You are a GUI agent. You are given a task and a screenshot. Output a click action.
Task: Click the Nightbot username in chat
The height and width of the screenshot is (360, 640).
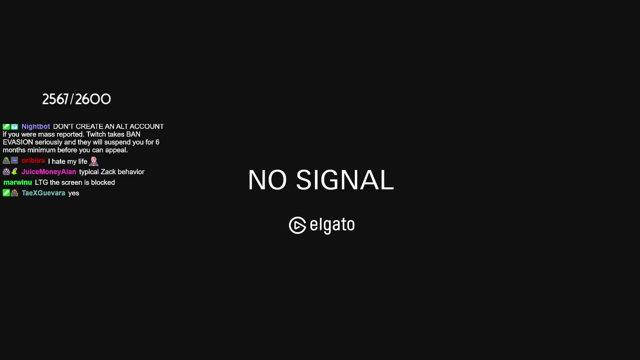click(x=35, y=126)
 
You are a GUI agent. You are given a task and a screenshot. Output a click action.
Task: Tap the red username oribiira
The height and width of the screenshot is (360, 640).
click(x=33, y=161)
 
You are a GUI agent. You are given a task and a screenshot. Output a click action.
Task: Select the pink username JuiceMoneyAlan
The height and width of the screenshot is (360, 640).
click(x=49, y=171)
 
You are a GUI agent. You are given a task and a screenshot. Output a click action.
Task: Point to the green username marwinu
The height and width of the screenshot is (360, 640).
click(x=17, y=182)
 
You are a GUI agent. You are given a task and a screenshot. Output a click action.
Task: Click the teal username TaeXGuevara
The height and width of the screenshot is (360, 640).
click(x=43, y=193)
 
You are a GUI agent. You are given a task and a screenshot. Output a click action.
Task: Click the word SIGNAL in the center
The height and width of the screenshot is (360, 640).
click(x=345, y=179)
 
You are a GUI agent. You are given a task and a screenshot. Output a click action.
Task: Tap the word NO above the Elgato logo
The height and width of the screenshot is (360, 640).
click(x=267, y=179)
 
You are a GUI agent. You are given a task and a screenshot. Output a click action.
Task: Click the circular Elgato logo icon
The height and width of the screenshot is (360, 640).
click(x=297, y=225)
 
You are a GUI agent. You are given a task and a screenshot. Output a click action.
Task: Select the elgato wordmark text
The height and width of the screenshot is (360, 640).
click(x=332, y=225)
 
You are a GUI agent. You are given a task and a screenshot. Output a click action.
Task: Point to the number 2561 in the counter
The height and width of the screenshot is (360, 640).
click(x=55, y=99)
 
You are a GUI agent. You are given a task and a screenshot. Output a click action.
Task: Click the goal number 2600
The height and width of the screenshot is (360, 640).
click(x=93, y=99)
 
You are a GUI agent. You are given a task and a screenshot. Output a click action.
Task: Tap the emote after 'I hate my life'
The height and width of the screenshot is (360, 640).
click(x=93, y=161)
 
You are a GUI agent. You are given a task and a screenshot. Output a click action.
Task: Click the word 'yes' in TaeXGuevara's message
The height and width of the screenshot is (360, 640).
click(x=73, y=193)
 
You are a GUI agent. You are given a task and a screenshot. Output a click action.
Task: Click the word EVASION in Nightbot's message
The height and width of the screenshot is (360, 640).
click(x=18, y=142)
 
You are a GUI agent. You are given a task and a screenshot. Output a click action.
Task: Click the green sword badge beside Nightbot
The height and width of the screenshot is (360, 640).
click(x=6, y=126)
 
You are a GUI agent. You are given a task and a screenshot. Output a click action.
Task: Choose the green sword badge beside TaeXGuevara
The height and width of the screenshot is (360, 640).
click(x=6, y=193)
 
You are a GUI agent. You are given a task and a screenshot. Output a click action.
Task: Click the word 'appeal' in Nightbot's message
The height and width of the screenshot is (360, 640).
click(x=116, y=150)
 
